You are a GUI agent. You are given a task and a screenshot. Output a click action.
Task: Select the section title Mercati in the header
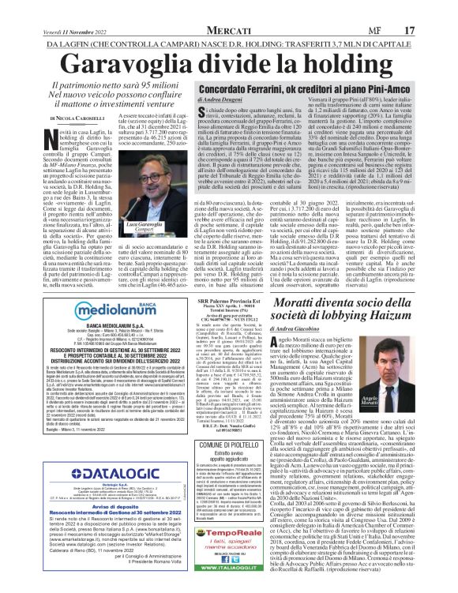[x=227, y=9]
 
